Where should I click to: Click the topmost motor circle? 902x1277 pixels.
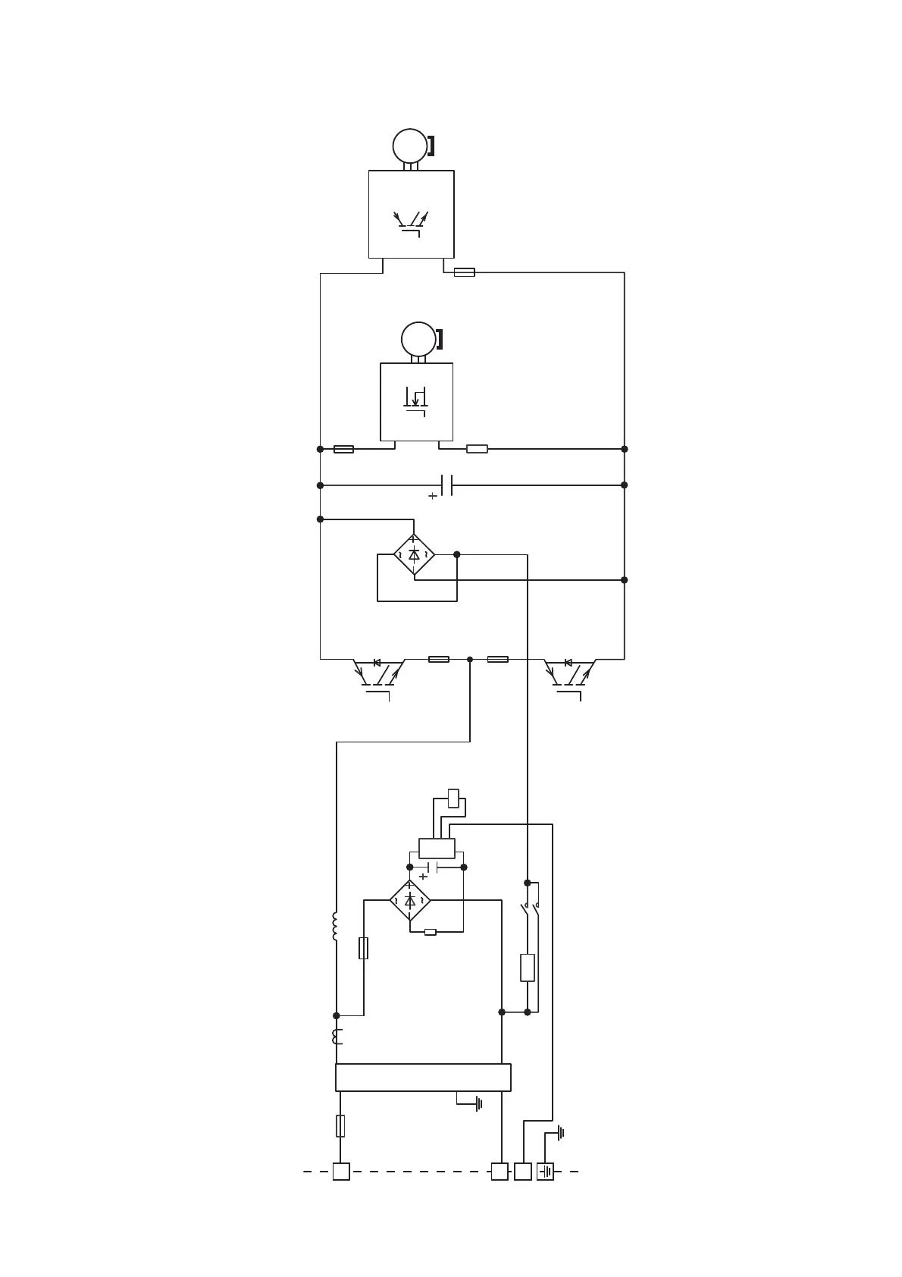(x=410, y=146)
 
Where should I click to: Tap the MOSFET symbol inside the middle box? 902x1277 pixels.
(x=415, y=400)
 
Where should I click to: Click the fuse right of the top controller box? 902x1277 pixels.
(x=464, y=272)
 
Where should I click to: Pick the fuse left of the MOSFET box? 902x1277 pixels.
(x=343, y=449)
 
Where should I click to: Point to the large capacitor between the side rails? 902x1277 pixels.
(x=446, y=485)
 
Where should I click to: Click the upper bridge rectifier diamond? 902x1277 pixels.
(x=414, y=554)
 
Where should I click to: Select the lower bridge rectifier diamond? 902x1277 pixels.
(x=410, y=901)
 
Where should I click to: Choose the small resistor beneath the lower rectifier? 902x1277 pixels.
(x=431, y=932)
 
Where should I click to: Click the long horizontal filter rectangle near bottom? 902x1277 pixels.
(x=423, y=1078)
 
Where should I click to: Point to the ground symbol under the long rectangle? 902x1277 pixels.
(x=478, y=1104)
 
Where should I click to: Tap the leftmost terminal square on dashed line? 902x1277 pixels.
(x=341, y=1172)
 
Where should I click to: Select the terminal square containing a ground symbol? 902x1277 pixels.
(x=545, y=1172)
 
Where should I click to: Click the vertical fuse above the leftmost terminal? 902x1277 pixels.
(x=340, y=1126)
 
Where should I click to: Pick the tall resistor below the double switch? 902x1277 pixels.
(x=528, y=968)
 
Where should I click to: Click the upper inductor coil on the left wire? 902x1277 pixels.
(x=335, y=927)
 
